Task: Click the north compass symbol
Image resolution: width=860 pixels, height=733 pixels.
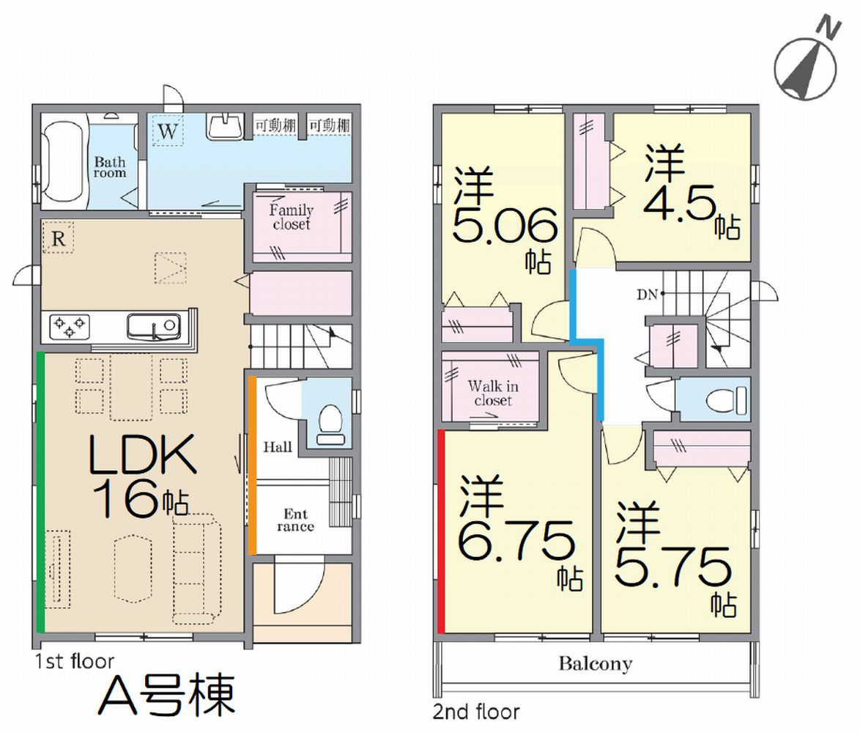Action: click(806, 63)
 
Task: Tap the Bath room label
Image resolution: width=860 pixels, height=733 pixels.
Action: click(110, 167)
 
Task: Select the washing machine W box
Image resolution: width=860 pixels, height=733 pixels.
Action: click(168, 131)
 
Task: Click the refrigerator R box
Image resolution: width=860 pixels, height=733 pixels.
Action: click(58, 237)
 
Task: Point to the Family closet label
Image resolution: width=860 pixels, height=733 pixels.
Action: click(292, 217)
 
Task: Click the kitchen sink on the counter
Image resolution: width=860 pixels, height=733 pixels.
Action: click(154, 326)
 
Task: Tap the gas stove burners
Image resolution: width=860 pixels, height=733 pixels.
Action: click(70, 326)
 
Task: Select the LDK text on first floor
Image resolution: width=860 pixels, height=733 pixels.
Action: click(142, 454)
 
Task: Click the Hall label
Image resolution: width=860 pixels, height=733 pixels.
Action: click(278, 447)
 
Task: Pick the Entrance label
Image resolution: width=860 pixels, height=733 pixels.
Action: click(296, 520)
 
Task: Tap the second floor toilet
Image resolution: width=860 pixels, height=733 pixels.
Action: click(727, 400)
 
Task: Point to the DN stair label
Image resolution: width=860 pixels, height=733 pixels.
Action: click(647, 295)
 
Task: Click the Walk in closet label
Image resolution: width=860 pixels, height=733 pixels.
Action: click(493, 393)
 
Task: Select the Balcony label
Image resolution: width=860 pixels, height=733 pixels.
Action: click(596, 664)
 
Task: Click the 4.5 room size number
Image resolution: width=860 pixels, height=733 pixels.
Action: click(680, 202)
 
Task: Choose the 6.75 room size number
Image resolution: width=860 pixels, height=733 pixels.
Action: click(516, 542)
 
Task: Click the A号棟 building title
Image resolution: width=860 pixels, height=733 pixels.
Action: click(167, 695)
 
